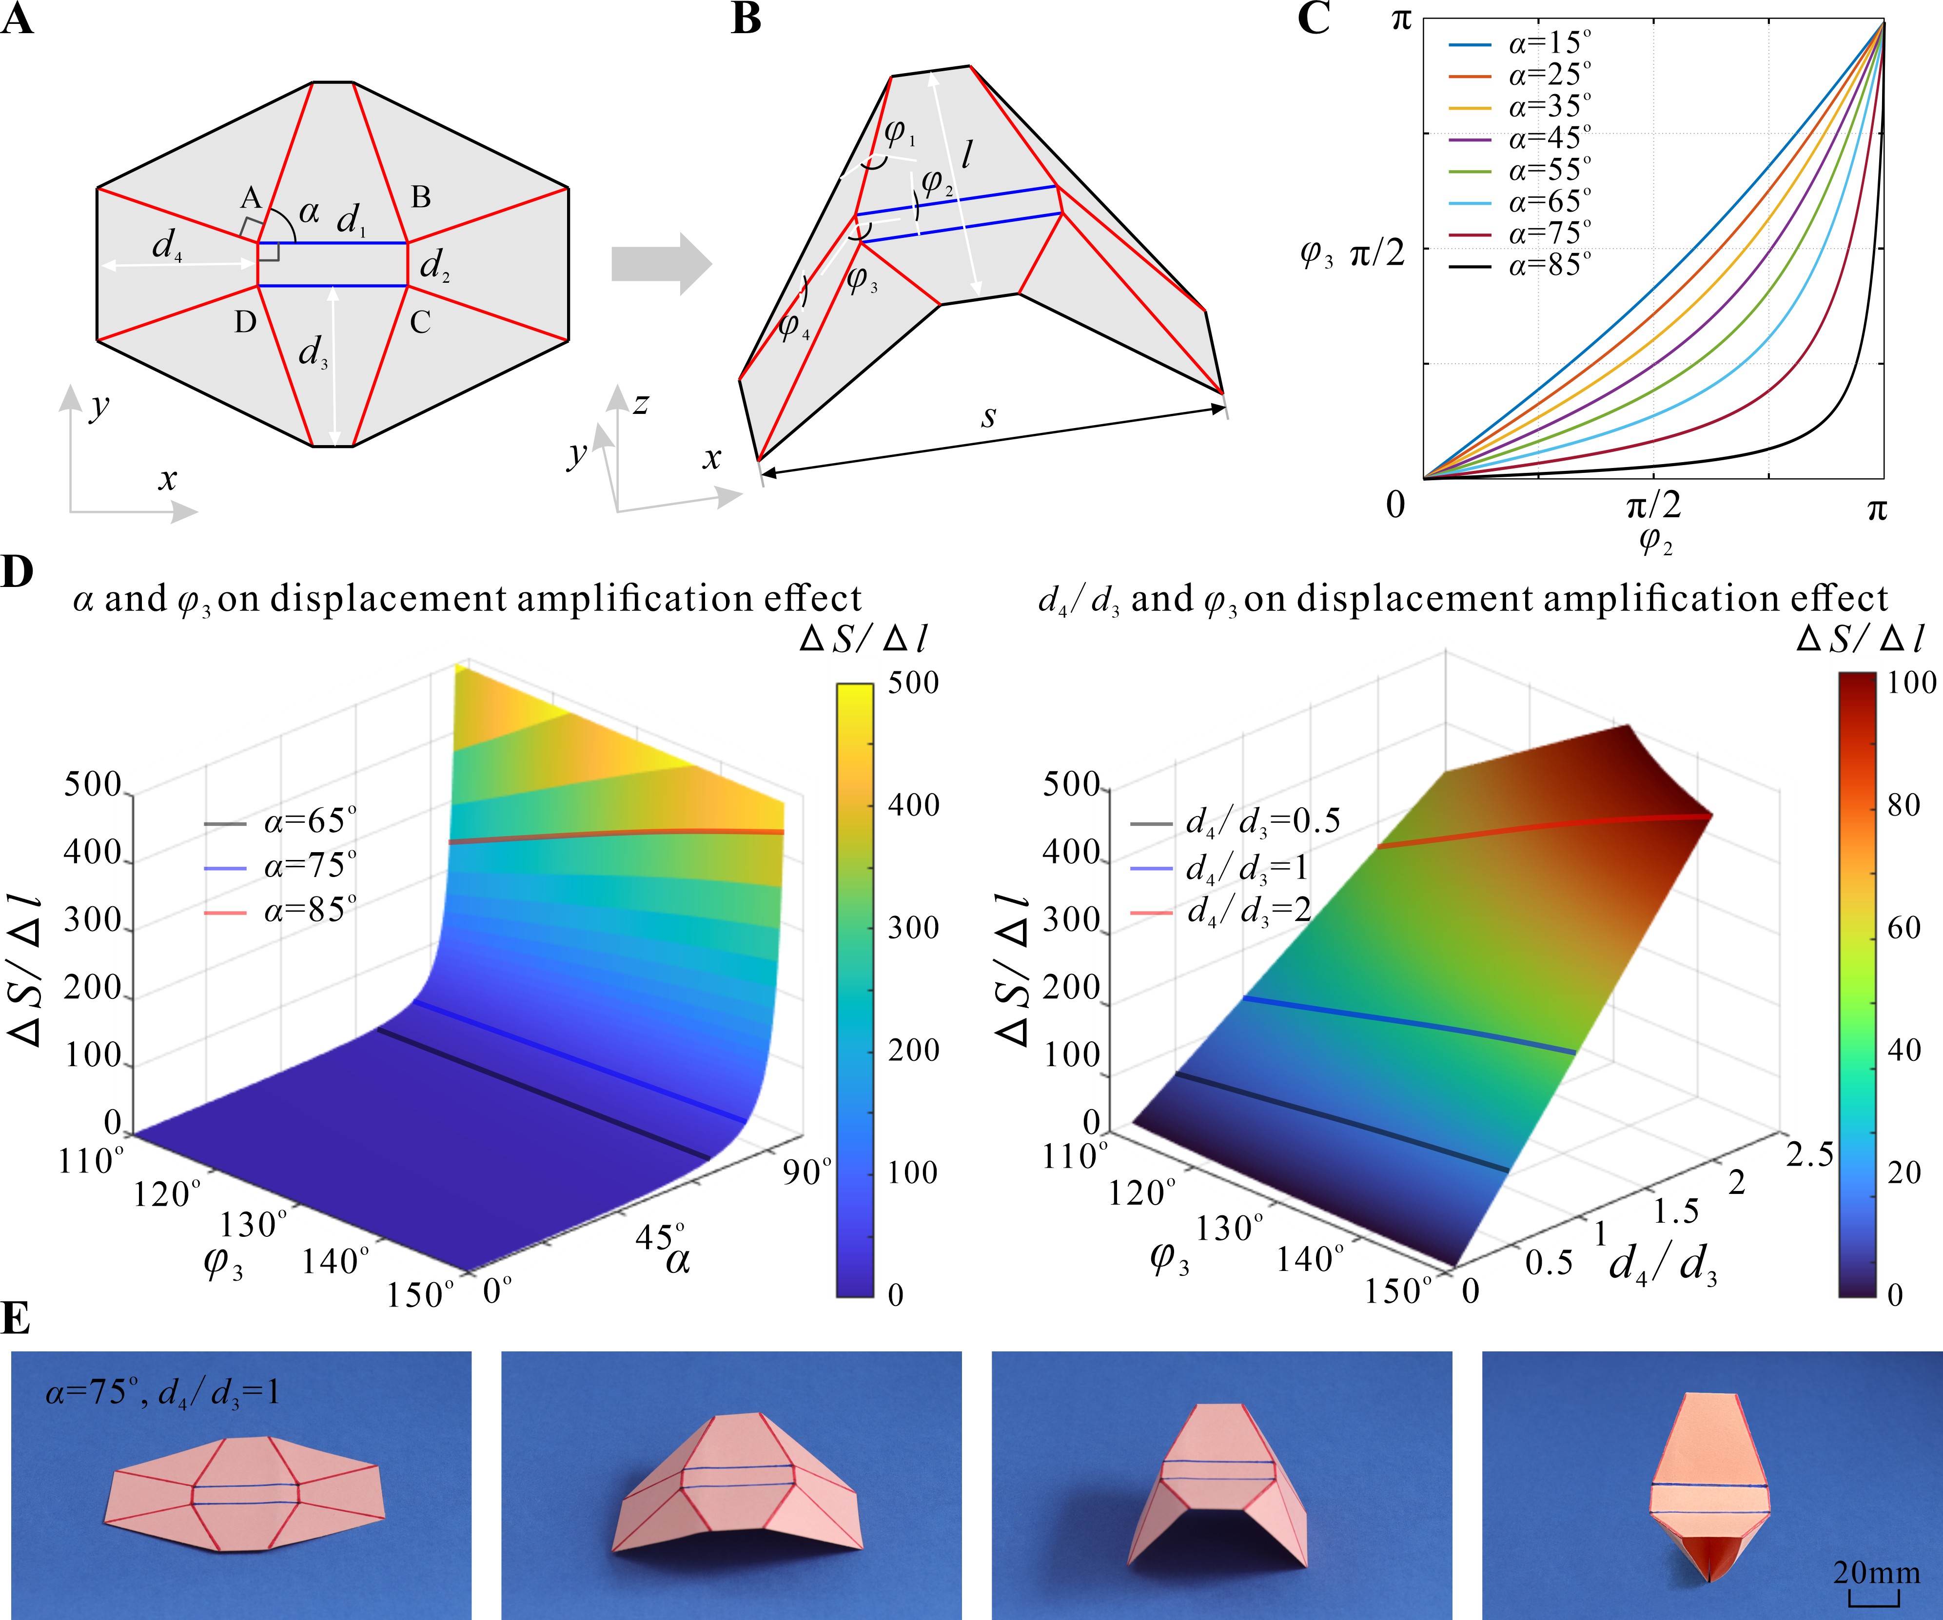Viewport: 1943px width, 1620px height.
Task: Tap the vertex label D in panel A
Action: coord(245,322)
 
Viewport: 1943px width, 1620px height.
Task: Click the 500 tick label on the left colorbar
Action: coord(913,683)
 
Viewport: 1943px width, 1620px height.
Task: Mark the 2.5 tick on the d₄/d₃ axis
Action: coord(1809,1154)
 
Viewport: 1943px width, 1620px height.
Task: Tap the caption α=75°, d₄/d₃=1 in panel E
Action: coord(162,1392)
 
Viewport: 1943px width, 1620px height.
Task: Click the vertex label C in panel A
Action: coord(420,322)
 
